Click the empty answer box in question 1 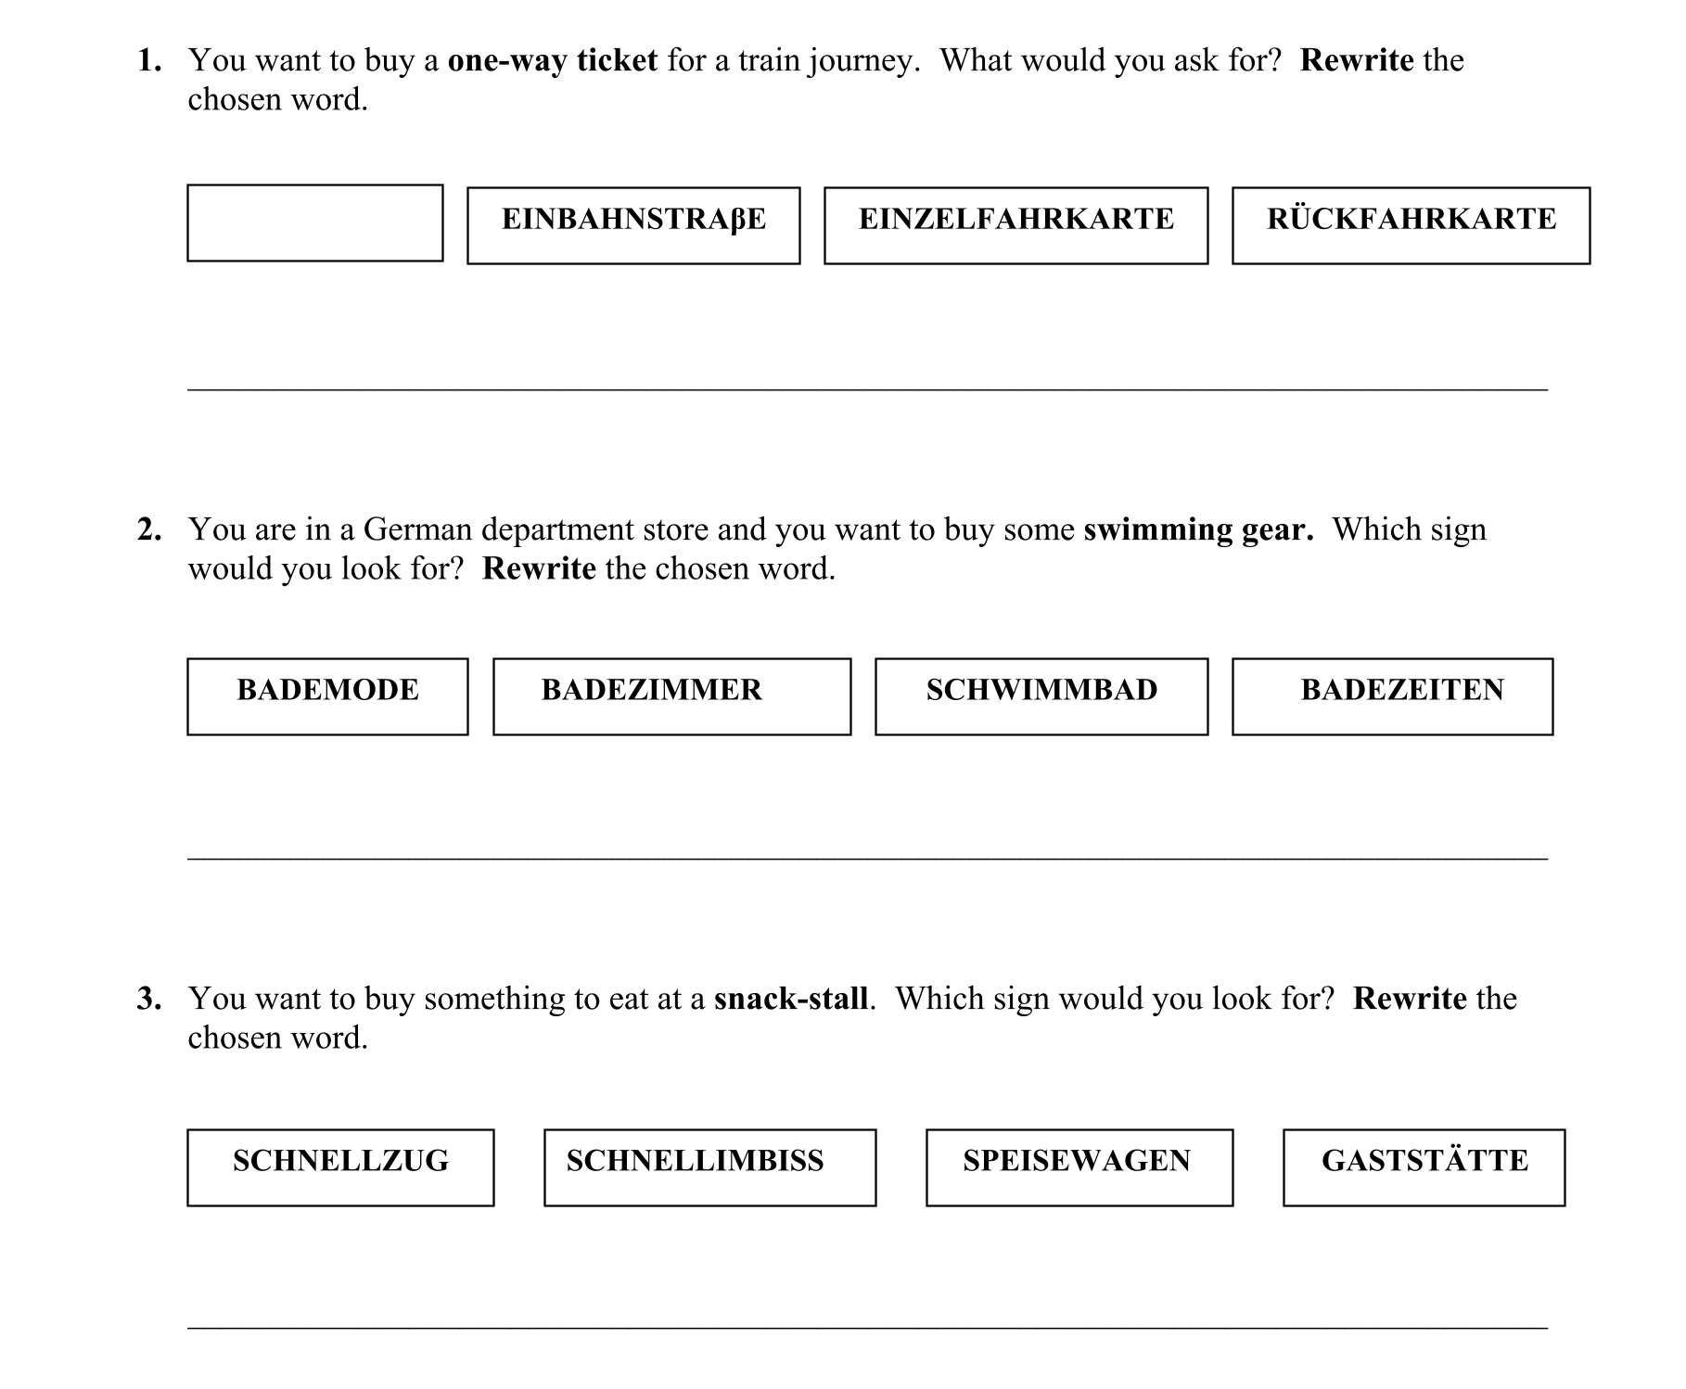[315, 223]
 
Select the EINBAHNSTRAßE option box [633, 225]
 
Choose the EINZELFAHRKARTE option [1015, 225]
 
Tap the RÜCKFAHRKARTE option [1411, 225]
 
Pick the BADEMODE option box [327, 696]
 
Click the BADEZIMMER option [671, 696]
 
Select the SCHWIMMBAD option [1041, 696]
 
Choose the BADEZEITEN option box [1392, 696]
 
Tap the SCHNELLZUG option [340, 1167]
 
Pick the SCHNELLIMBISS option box [709, 1167]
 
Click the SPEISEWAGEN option [1079, 1167]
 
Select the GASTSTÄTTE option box [1424, 1167]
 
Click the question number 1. [149, 61]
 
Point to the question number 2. [149, 530]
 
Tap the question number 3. [149, 1000]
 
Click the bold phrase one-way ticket [552, 61]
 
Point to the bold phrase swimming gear [1198, 530]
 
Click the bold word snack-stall [791, 1000]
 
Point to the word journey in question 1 [863, 61]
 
